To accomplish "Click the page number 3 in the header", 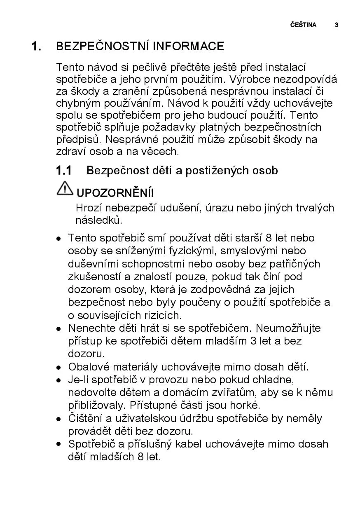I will (x=337, y=25).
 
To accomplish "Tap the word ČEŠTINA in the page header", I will (x=303, y=25).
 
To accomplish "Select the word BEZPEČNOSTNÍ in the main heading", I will (x=103, y=46).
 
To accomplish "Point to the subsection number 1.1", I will (x=64, y=170).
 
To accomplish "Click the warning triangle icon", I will (x=65, y=188).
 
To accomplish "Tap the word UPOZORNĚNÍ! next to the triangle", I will (x=115, y=193).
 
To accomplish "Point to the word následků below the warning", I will (x=99, y=220).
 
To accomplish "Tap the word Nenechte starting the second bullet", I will (x=89, y=328).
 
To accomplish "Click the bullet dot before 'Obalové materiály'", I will (x=59, y=367).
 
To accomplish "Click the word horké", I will (x=246, y=405).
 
